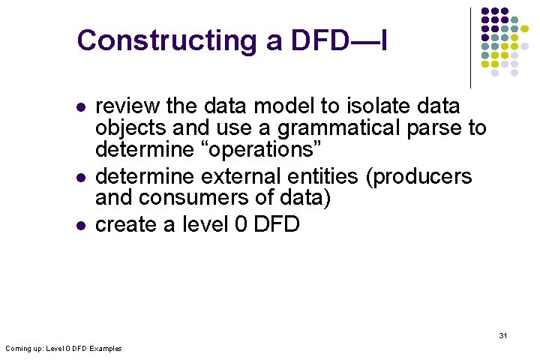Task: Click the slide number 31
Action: (x=502, y=335)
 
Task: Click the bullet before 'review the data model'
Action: (x=79, y=106)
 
